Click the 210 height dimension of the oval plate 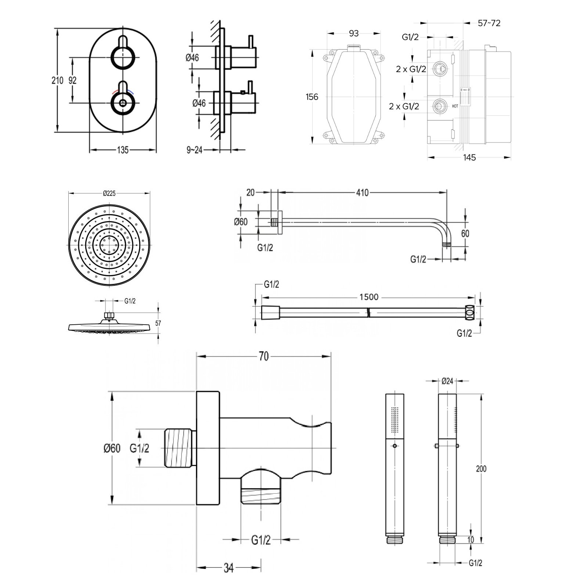57,80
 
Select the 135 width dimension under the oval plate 123,150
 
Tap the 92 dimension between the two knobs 72,80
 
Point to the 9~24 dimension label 195,150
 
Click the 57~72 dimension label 489,23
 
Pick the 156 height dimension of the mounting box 312,97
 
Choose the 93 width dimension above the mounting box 353,33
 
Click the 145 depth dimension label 469,158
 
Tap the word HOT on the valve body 455,106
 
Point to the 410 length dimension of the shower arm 362,192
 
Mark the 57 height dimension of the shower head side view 158,323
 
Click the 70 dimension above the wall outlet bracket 264,356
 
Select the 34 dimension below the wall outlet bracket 228,568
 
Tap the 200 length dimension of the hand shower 481,469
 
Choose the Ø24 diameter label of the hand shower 448,381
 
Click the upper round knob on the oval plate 122,57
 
